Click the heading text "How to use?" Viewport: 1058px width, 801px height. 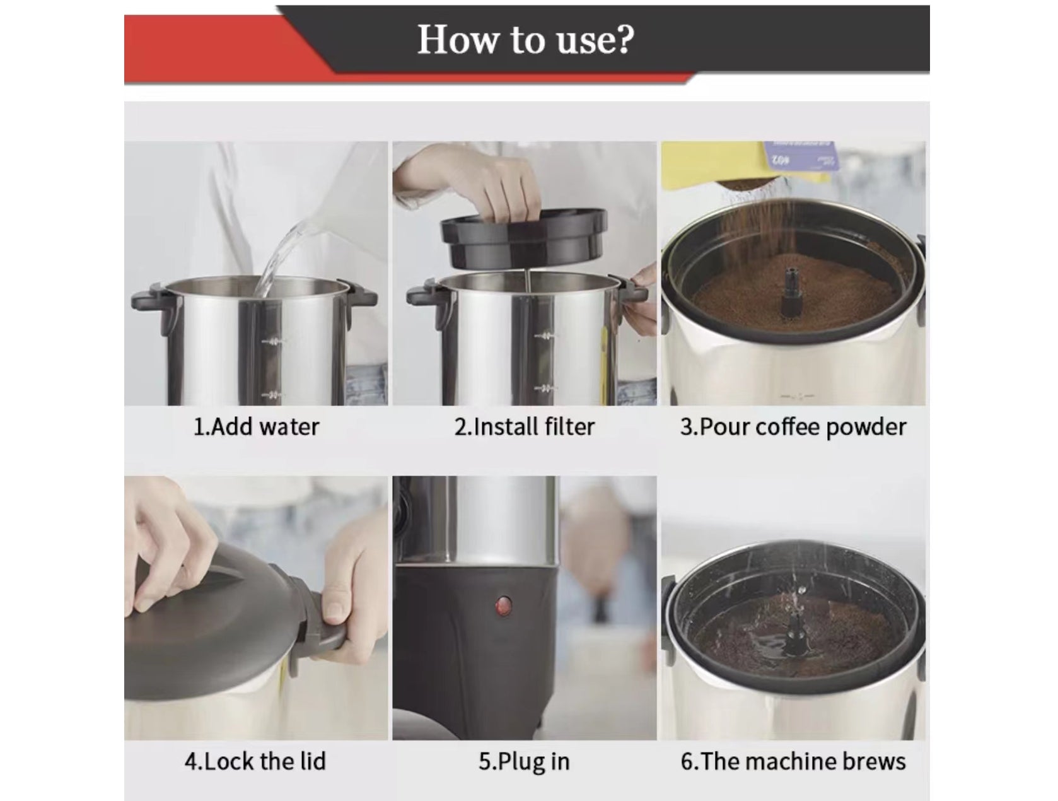point(525,40)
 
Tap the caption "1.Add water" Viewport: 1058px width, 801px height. point(256,427)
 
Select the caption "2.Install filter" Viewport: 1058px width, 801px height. point(525,427)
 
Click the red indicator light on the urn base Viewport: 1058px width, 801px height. point(503,605)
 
